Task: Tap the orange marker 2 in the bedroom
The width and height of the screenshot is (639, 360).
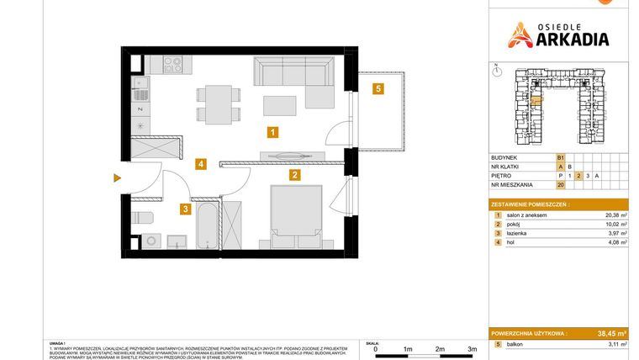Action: click(x=294, y=176)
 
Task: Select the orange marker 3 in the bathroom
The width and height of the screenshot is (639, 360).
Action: click(x=184, y=209)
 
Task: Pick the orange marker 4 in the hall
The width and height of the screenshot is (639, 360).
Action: click(x=200, y=165)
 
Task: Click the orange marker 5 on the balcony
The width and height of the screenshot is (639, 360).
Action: click(x=379, y=88)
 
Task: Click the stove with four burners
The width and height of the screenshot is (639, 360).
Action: click(x=174, y=63)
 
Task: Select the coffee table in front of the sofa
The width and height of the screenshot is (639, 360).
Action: click(x=280, y=105)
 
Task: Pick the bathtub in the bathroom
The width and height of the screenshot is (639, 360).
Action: click(x=207, y=225)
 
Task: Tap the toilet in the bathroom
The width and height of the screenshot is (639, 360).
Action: click(x=145, y=220)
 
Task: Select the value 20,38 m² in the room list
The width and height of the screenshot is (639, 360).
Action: click(x=615, y=215)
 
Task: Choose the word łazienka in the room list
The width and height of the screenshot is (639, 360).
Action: click(x=515, y=234)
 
